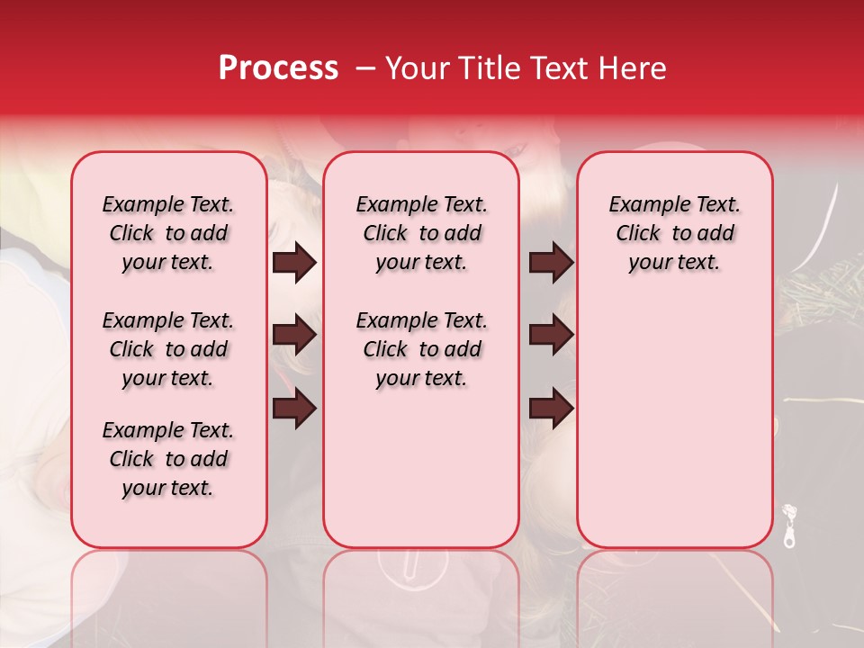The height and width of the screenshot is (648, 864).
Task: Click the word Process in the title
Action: click(277, 67)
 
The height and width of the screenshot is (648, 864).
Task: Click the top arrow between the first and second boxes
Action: click(294, 262)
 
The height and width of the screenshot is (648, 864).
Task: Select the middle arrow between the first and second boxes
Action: click(294, 336)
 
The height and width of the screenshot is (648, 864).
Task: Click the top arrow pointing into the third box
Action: click(551, 262)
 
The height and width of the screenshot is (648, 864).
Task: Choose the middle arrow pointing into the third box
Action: click(551, 336)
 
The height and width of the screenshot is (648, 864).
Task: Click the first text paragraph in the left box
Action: click(168, 233)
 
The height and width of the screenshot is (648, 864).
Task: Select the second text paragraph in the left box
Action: click(168, 349)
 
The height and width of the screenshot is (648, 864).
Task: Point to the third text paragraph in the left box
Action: click(168, 459)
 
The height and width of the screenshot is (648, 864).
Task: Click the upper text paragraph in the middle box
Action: click(421, 233)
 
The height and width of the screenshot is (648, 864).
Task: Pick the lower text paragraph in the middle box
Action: click(421, 349)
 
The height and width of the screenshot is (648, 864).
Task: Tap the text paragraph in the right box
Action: click(674, 233)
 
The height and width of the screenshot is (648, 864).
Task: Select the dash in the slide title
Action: click(365, 68)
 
